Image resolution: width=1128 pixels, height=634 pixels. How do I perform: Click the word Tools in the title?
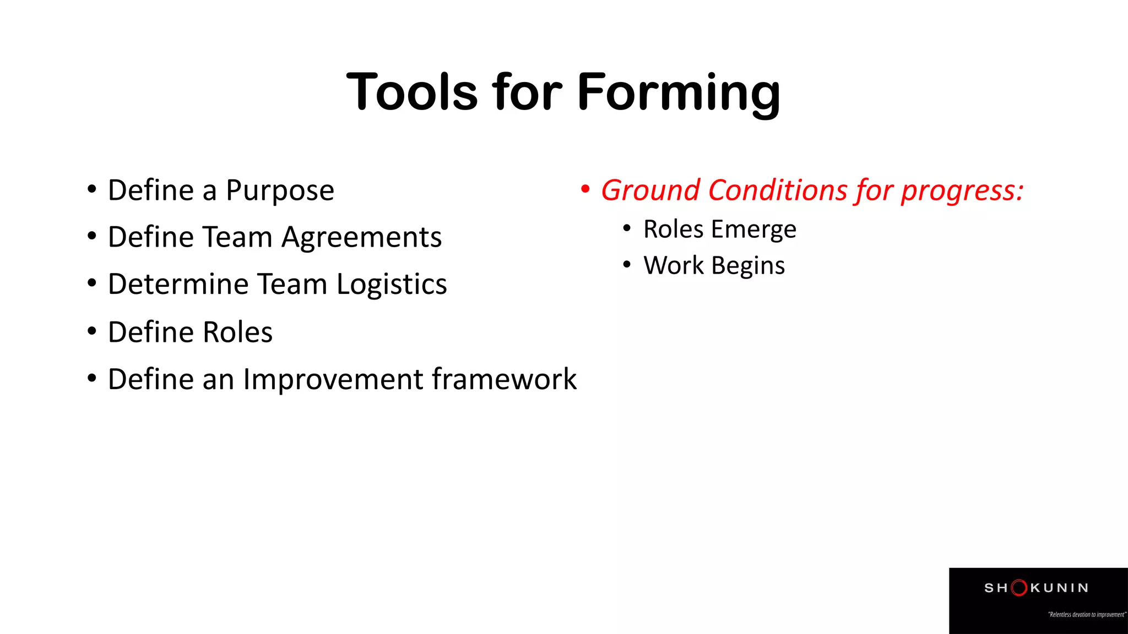(x=412, y=92)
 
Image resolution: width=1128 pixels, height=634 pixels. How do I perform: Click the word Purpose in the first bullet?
(x=280, y=191)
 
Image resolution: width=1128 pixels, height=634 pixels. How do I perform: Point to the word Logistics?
(x=392, y=285)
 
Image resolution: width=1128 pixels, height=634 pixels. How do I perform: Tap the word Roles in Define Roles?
(x=237, y=332)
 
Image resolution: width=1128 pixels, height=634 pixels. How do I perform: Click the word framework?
(x=504, y=380)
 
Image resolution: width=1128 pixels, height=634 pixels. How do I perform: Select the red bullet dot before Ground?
(x=585, y=189)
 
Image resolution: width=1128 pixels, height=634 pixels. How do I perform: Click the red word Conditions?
(x=778, y=190)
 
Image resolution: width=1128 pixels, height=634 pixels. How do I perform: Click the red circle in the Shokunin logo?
(x=1019, y=588)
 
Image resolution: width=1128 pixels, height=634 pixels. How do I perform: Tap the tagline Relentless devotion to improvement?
(x=1087, y=615)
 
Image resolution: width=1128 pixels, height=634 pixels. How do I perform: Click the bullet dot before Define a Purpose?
(x=92, y=189)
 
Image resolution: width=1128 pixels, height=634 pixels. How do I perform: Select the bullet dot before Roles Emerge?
(x=626, y=228)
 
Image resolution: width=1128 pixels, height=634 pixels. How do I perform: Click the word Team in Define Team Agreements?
(x=237, y=238)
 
